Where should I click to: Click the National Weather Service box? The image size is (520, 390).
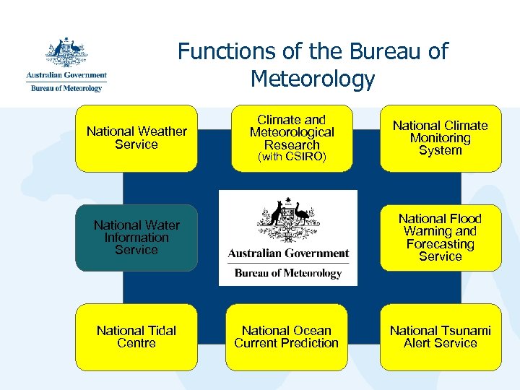click(x=136, y=138)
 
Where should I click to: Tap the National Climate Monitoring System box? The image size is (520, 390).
click(x=440, y=138)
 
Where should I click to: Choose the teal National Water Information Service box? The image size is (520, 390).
click(x=136, y=238)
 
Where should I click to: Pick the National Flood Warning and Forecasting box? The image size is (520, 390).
click(x=440, y=238)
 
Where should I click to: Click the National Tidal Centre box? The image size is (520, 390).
click(x=136, y=337)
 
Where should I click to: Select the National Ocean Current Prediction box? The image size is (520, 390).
click(x=287, y=337)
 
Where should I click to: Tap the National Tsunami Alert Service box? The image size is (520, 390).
click(x=440, y=337)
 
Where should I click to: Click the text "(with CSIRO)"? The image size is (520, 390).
click(x=292, y=157)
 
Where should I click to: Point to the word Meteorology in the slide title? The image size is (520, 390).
click(x=313, y=79)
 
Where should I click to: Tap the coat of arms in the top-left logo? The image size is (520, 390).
click(x=66, y=53)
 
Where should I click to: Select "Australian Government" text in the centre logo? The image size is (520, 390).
click(x=288, y=253)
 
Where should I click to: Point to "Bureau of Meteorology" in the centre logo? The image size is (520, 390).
click(x=288, y=273)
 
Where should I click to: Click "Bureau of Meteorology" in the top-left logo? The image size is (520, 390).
click(x=66, y=88)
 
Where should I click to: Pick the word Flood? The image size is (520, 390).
click(x=464, y=218)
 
